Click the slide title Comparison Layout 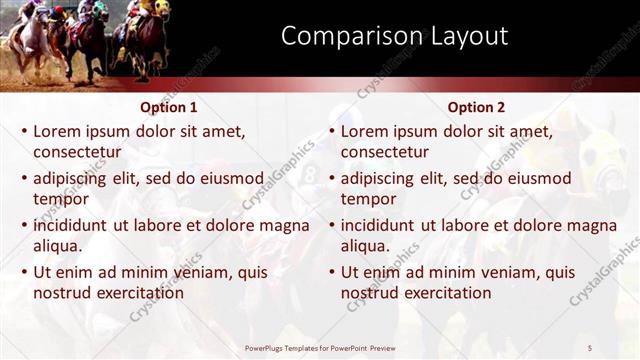(x=394, y=37)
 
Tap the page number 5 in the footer (x=590, y=346)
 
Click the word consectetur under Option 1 (x=77, y=152)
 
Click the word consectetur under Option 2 (x=385, y=152)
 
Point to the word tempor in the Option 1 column (x=61, y=199)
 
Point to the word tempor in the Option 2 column (x=369, y=199)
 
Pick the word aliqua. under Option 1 (x=58, y=246)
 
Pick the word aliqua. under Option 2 (x=366, y=246)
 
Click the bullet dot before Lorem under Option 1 (x=24, y=131)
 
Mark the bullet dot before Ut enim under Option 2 (x=332, y=272)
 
